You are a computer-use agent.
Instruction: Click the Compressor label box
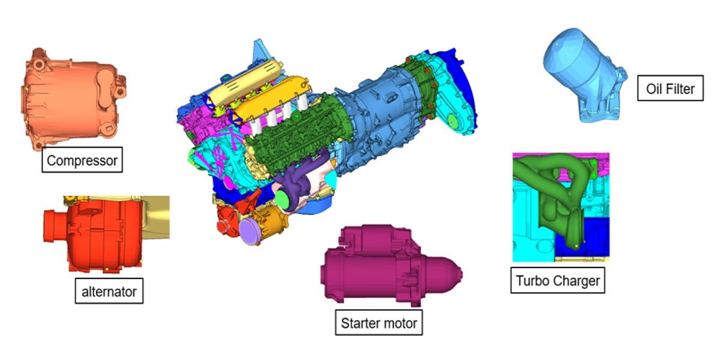(x=82, y=160)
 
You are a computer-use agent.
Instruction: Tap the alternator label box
(x=109, y=291)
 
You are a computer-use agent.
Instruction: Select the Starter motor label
(x=379, y=322)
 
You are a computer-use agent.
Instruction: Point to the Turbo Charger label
(x=557, y=280)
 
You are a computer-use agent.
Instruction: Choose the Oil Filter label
(x=671, y=88)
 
